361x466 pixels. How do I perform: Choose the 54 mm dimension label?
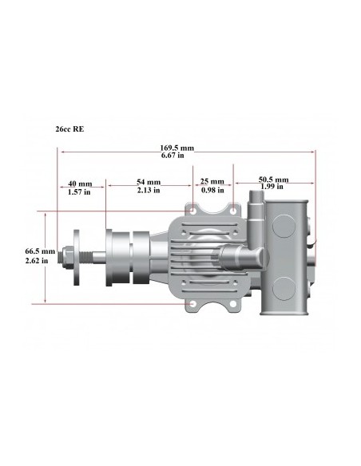click(148, 183)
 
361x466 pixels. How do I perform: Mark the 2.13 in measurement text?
click(148, 191)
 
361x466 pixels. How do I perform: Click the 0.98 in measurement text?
click(212, 191)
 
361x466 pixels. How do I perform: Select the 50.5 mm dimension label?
click(273, 180)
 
